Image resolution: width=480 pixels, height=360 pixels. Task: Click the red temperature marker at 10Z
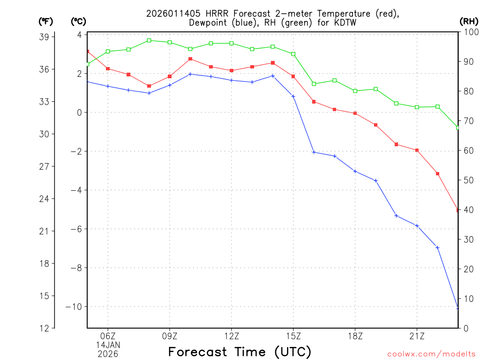pos(190,59)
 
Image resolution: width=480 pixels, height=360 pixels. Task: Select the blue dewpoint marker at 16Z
pos(314,152)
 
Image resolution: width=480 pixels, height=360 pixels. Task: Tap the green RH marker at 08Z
pos(149,40)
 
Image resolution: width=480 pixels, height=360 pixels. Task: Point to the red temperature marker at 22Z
pos(437,174)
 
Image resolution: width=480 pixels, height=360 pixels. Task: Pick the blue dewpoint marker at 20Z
pos(396,216)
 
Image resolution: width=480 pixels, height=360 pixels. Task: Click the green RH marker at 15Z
pos(293,54)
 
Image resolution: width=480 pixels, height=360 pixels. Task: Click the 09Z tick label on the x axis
pos(170,336)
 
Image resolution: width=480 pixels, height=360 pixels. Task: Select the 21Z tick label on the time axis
pos(417,336)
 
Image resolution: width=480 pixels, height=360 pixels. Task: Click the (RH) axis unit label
pos(469,21)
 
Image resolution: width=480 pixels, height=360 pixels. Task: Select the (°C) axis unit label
pos(78,21)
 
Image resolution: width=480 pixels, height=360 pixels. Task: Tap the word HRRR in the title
pos(212,13)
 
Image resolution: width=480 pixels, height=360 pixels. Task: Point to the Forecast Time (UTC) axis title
pos(240,352)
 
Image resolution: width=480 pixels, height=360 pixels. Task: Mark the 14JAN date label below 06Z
pos(108,345)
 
